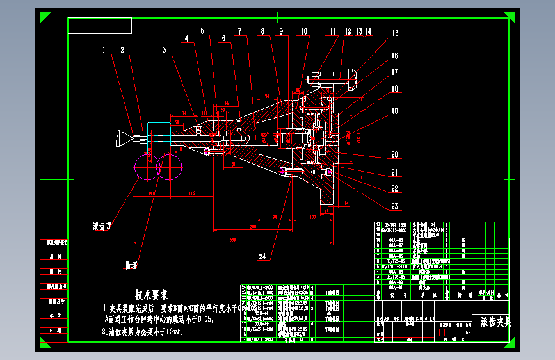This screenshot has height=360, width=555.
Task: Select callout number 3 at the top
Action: [165, 49]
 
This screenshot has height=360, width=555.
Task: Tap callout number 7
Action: [239, 31]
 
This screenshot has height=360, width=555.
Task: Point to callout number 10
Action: [303, 31]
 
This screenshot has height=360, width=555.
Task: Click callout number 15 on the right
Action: [395, 33]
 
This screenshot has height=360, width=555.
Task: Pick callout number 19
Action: [395, 111]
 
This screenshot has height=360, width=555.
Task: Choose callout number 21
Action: [395, 172]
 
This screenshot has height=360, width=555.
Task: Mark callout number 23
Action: [395, 206]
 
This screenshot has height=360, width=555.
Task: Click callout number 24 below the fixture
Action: [262, 257]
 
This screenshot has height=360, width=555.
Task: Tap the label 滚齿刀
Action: [103, 226]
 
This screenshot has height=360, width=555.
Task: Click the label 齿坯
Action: [131, 263]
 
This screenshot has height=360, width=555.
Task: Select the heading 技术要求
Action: [151, 295]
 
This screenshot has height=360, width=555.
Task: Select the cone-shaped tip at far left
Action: [124, 136]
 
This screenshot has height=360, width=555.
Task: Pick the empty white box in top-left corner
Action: [100, 26]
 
